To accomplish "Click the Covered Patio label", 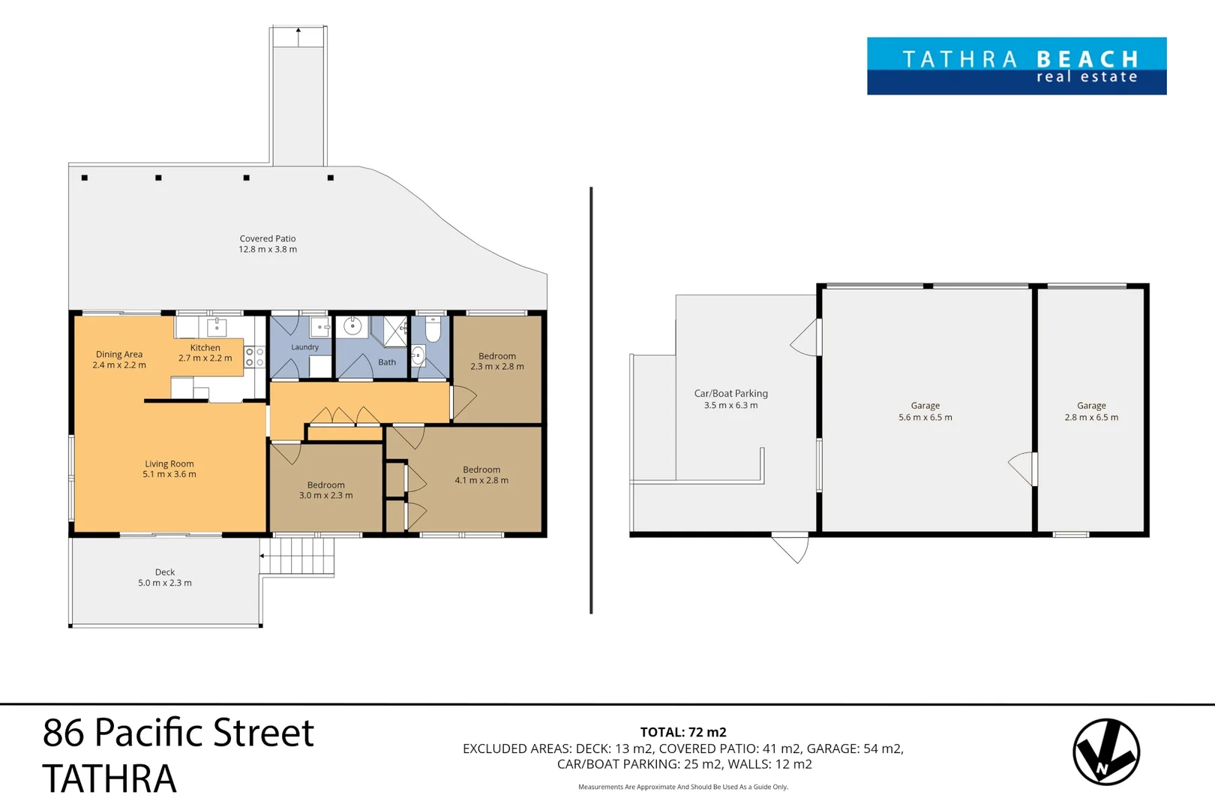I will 268,244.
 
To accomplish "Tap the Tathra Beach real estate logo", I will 1016,66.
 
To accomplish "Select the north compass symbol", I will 1105,751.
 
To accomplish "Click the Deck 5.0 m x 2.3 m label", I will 165,577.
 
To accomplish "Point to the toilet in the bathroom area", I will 433,329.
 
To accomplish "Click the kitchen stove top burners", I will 255,357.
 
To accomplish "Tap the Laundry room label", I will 304,347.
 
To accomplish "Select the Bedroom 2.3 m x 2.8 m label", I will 497,361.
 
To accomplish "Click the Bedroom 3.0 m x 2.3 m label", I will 325,490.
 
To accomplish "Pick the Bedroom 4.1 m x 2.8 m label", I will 481,475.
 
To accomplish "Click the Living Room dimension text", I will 169,474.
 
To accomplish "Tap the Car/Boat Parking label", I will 730,399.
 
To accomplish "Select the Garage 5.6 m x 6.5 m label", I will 925,411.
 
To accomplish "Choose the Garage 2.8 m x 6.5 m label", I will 1091,411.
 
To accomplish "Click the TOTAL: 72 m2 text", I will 682,732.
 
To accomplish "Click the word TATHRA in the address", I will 109,778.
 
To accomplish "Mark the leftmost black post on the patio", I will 85,178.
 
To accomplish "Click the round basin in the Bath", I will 352,326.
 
